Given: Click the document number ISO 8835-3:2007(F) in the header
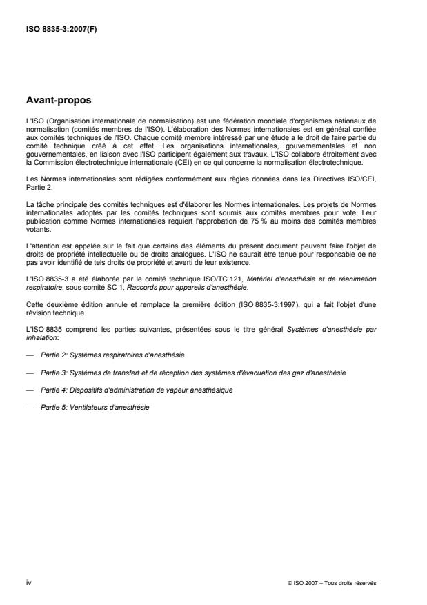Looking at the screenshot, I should (x=61, y=29).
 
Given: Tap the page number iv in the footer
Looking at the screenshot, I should (x=28, y=584).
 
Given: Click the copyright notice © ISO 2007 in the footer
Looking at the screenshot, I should (x=332, y=584).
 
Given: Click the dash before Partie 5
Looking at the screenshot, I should (x=30, y=407).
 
